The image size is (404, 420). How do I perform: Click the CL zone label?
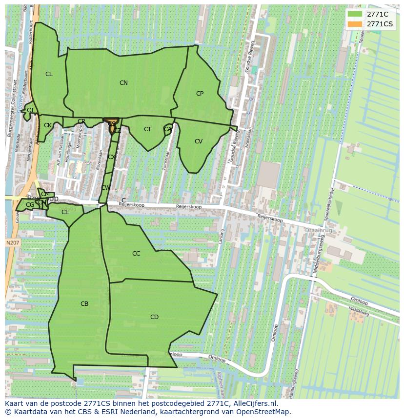49,74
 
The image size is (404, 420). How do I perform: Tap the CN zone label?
123,83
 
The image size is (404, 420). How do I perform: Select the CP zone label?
200,94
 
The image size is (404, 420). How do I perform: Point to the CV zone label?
199,141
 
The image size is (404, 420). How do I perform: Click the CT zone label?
147,129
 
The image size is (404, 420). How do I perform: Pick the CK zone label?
48,125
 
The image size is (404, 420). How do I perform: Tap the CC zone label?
136,254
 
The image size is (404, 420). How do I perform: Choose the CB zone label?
84,304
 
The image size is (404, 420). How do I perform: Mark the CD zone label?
154,317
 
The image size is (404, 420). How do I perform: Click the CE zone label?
65,212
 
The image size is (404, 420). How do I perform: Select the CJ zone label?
30,110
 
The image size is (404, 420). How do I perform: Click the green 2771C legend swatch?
355,14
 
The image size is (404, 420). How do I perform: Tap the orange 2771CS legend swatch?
355,24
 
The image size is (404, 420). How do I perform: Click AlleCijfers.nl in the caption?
254,403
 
